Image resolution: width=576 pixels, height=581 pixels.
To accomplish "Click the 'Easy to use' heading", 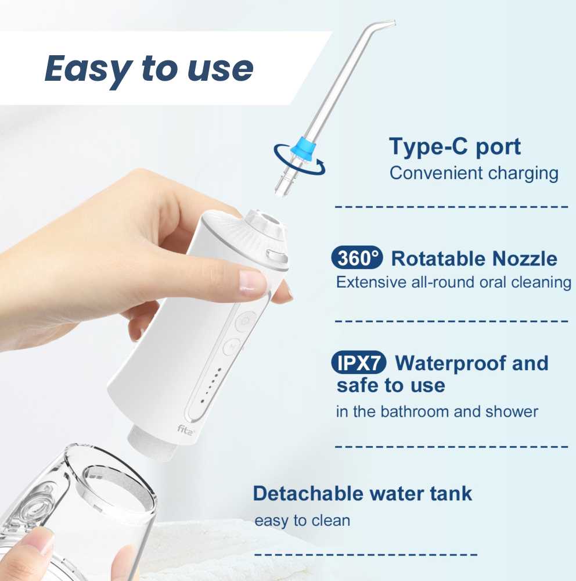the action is point(149,70).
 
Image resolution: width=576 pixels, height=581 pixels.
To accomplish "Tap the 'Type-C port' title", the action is point(455,147).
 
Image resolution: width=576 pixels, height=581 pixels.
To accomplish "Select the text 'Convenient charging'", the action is point(474,173).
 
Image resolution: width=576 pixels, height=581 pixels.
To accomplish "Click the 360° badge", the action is point(357,257).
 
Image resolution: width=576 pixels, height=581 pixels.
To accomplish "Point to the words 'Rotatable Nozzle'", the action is point(474,259).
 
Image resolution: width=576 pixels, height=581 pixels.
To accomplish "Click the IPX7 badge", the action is point(359,363).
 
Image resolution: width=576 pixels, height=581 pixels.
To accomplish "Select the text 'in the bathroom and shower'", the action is point(437,412).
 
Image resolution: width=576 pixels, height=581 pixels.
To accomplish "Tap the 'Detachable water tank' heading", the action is point(362,493).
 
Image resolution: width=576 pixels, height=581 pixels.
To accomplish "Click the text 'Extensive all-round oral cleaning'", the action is point(453,282).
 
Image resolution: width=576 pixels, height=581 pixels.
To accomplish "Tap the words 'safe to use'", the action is point(391,385).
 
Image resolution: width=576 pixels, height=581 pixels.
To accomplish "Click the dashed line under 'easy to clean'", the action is point(366,555).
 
